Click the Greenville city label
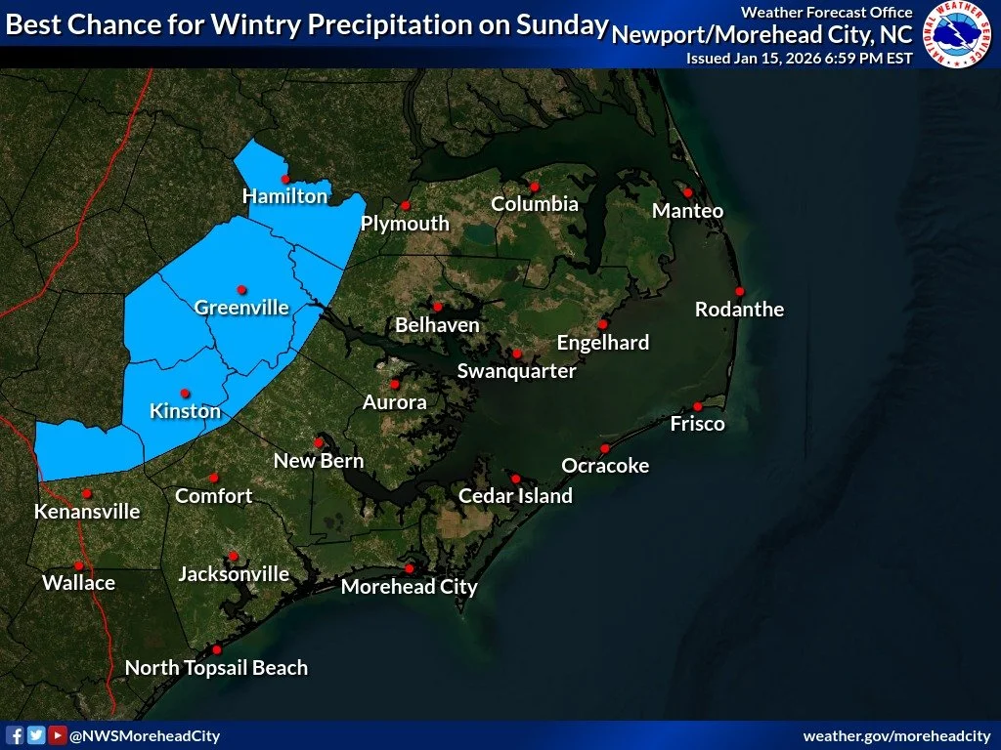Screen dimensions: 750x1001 [241, 308]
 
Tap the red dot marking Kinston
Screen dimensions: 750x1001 [185, 393]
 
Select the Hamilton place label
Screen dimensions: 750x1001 [284, 196]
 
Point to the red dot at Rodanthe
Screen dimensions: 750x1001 [740, 291]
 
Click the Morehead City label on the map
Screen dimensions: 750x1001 [409, 587]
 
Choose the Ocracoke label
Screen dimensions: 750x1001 [605, 466]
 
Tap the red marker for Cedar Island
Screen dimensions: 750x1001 [515, 478]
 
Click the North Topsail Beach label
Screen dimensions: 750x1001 [216, 668]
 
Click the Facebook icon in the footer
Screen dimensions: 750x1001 [16, 735]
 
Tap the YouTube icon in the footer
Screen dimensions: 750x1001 [58, 735]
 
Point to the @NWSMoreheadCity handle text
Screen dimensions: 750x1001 [145, 736]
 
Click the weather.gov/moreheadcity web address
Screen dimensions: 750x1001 [896, 735]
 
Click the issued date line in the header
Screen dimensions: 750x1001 [799, 58]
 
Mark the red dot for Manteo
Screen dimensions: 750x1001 [687, 192]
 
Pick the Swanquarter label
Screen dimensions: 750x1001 [516, 371]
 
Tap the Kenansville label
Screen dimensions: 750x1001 [87, 512]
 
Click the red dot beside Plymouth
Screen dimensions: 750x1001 [405, 205]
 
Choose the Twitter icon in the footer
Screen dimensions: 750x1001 [36, 735]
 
